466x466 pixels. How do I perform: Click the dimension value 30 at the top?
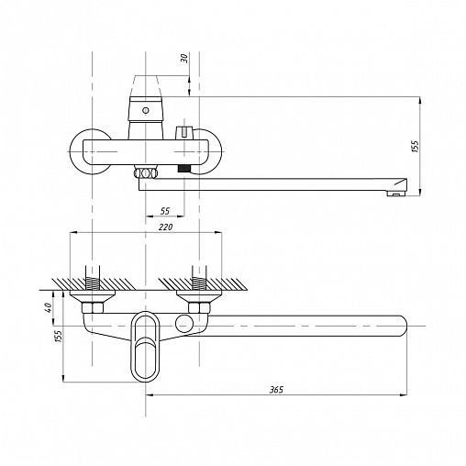pos(184,58)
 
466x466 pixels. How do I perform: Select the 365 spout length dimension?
pos(276,390)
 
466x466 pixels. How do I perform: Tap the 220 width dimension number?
pos(165,227)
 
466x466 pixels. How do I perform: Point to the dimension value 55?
pos(165,211)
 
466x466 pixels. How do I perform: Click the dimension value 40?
pos(48,307)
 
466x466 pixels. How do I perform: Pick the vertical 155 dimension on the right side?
pos(416,147)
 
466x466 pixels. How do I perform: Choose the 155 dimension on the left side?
pos(59,336)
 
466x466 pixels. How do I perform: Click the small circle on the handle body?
pos(146,110)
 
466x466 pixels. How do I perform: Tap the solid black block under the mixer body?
pos(183,169)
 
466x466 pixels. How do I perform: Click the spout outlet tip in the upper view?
pos(396,193)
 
